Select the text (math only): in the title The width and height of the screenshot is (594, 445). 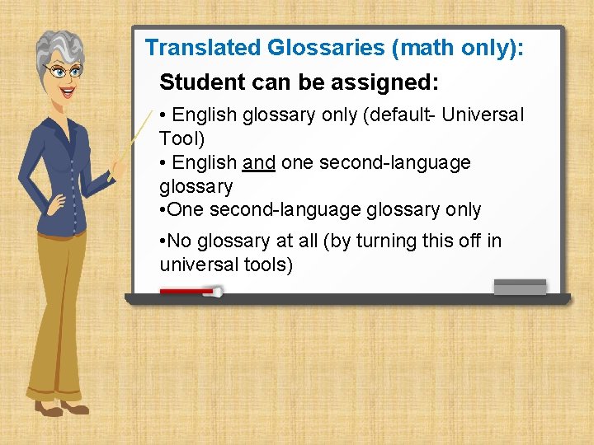point(458,48)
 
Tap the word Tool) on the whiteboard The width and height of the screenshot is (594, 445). point(181,138)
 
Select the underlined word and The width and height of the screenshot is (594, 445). point(259,162)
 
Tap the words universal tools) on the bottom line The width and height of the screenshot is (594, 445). point(226,265)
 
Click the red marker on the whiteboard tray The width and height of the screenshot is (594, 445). point(189,291)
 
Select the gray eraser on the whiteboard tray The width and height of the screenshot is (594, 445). point(520,286)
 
